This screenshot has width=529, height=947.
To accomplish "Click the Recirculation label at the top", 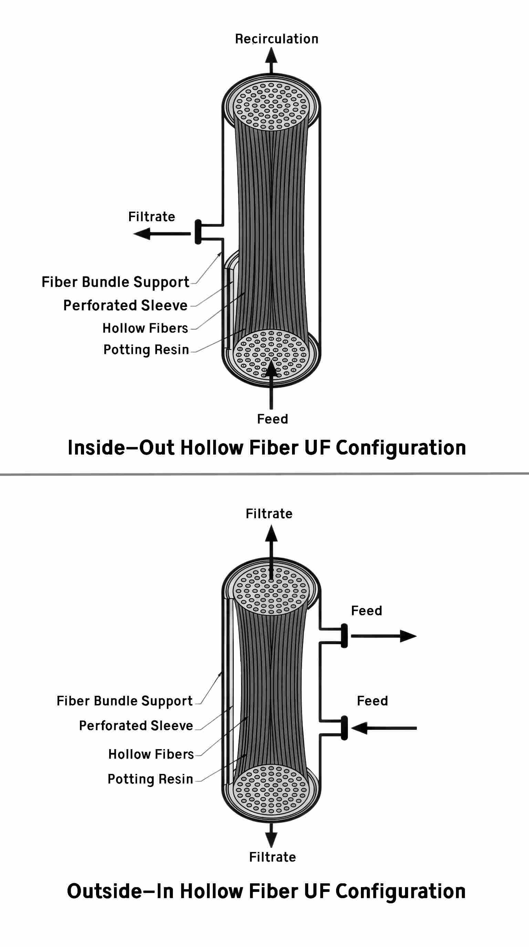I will point(276,39).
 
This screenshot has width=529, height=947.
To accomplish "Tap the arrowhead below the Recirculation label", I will point(271,56).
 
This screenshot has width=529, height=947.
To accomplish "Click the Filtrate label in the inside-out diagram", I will point(151,216).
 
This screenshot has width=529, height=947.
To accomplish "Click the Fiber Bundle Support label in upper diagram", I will point(115,282).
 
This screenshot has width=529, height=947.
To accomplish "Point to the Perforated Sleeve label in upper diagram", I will point(125,305).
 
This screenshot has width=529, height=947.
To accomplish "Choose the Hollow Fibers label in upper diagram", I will point(145,328).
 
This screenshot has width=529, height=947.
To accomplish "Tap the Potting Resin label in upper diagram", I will point(146,349).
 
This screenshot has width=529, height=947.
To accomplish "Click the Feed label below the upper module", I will point(272,419).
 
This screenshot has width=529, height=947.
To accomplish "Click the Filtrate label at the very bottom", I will point(272,857).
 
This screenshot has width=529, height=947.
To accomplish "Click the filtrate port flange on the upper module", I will point(198,232).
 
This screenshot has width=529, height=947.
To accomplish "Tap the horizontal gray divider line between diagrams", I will point(264,474).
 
